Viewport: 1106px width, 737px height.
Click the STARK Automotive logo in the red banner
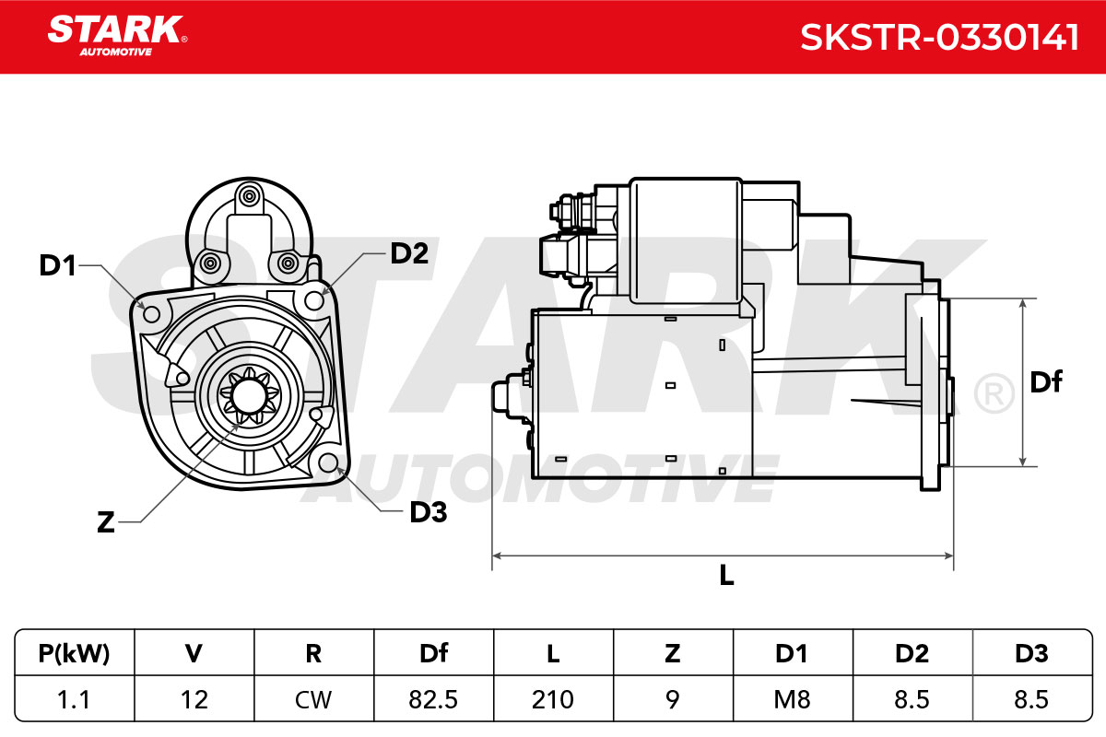(x=117, y=36)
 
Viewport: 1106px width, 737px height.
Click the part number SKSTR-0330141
(x=939, y=38)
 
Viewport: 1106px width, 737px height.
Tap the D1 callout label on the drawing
(x=57, y=265)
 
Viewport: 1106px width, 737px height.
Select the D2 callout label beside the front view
(x=409, y=253)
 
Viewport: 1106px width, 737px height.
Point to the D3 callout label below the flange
(x=428, y=512)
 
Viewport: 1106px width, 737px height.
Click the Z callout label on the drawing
(x=106, y=521)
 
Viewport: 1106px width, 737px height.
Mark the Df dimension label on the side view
(x=1046, y=381)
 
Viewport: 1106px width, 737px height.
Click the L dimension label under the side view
(x=726, y=575)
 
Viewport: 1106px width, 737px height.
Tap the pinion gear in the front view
(x=249, y=397)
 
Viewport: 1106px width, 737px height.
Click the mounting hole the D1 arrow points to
(x=151, y=314)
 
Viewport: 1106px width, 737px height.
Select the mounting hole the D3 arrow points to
(x=328, y=462)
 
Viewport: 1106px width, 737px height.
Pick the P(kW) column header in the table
(x=74, y=653)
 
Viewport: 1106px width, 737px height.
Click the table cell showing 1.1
(x=74, y=699)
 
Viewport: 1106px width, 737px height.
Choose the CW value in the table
(x=313, y=699)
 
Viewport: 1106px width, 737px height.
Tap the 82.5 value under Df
(x=433, y=699)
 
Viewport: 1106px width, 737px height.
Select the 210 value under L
(x=553, y=699)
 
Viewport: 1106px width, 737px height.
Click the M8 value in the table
(x=793, y=699)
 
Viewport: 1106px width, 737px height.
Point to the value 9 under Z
(x=673, y=699)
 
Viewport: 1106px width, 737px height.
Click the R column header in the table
(x=313, y=653)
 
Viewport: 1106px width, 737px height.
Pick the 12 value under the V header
(x=194, y=699)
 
